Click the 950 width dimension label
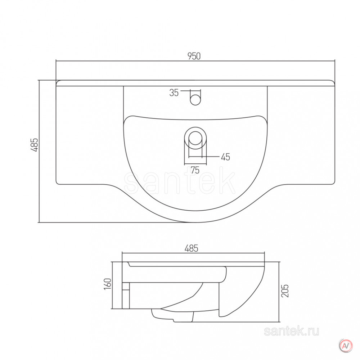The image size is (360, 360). [194, 56]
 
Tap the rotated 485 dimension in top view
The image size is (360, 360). [34, 145]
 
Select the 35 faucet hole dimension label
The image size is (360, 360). [174, 93]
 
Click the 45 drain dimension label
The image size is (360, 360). [225, 157]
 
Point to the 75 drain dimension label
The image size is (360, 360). [195, 170]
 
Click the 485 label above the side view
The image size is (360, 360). [191, 248]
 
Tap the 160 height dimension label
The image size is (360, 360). [107, 284]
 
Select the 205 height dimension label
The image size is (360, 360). [285, 291]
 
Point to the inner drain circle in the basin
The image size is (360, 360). [195, 138]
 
